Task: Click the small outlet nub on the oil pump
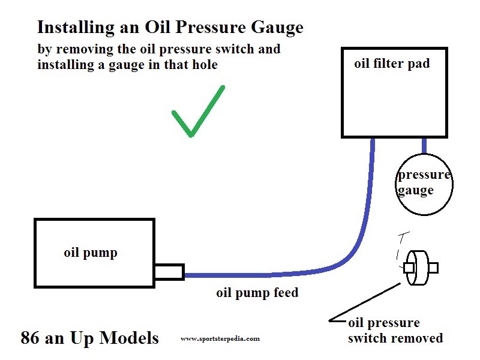tap(169, 272)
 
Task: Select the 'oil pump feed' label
tap(257, 293)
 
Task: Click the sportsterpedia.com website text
tap(220, 338)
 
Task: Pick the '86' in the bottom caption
tap(29, 338)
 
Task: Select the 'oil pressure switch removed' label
tap(395, 331)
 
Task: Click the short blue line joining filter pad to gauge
tap(424, 146)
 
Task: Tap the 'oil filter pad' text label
tap(392, 64)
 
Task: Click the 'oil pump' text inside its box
tap(91, 253)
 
